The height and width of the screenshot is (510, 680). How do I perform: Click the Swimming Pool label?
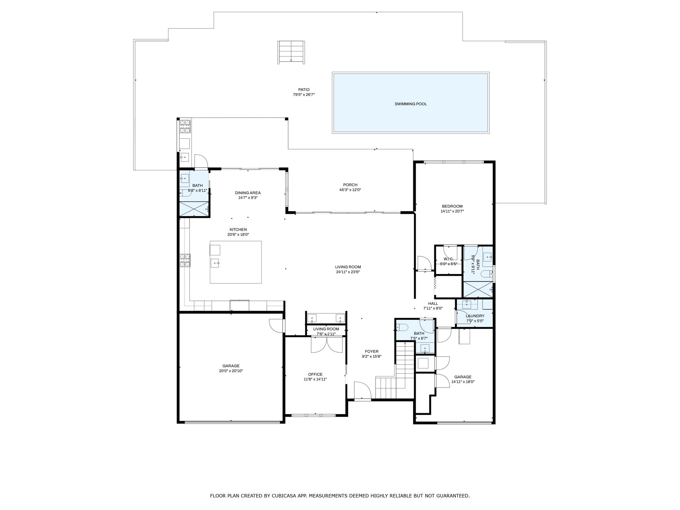pyautogui.click(x=410, y=104)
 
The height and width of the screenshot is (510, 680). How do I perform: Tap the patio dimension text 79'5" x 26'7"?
pyautogui.click(x=303, y=95)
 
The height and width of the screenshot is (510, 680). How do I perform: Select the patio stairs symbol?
pyautogui.click(x=291, y=52)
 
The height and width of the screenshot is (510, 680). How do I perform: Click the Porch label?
pyautogui.click(x=350, y=185)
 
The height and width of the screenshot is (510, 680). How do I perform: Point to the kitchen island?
pyautogui.click(x=235, y=262)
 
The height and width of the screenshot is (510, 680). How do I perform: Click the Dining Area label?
pyautogui.click(x=248, y=193)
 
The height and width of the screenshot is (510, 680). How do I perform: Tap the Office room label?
pyautogui.click(x=315, y=374)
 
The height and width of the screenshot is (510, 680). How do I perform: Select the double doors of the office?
pyautogui.click(x=327, y=345)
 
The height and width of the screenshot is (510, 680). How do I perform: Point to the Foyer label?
pyautogui.click(x=371, y=351)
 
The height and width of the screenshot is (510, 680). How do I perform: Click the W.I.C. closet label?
pyautogui.click(x=448, y=259)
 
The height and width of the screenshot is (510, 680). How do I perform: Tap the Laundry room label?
pyautogui.click(x=475, y=316)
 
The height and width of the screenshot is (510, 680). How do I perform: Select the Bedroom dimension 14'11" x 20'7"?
pyautogui.click(x=452, y=211)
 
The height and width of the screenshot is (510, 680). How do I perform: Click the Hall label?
pyautogui.click(x=433, y=303)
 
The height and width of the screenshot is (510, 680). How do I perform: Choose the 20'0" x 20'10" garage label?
pyautogui.click(x=231, y=371)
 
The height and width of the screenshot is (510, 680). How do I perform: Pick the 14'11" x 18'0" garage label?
pyautogui.click(x=463, y=382)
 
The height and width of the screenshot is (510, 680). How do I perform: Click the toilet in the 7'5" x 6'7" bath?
pyautogui.click(x=402, y=327)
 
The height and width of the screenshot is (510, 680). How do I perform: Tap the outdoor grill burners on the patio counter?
pyautogui.click(x=185, y=127)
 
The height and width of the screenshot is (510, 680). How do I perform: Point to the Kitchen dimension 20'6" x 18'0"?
pyautogui.click(x=238, y=234)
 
